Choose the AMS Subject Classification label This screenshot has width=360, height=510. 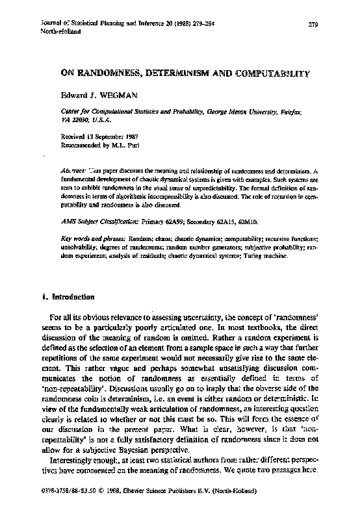pyautogui.click(x=97, y=222)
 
